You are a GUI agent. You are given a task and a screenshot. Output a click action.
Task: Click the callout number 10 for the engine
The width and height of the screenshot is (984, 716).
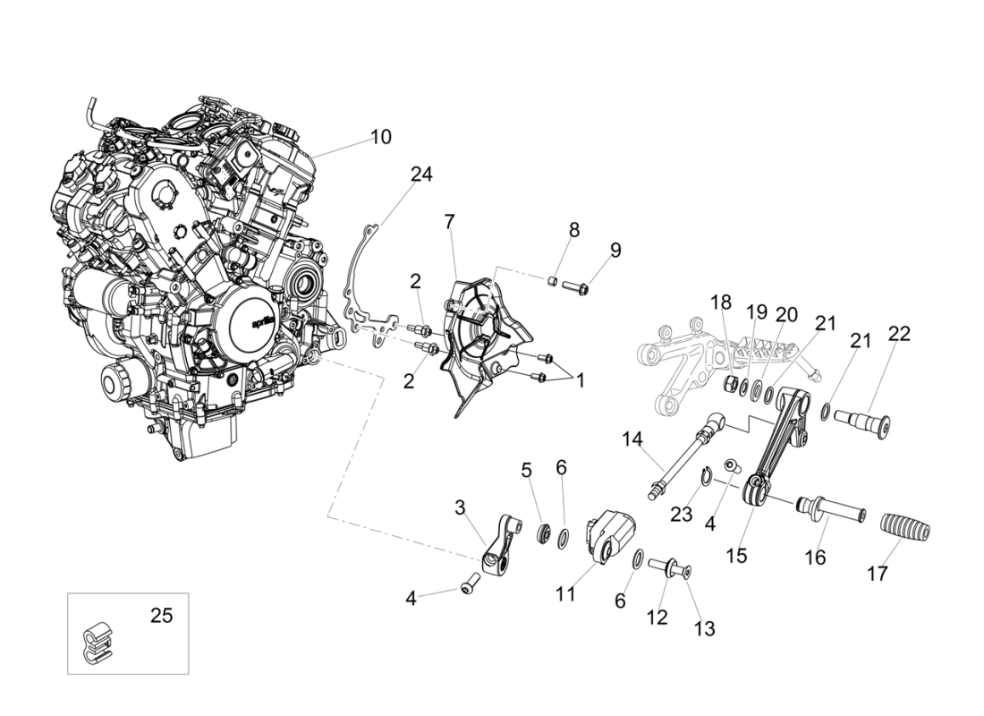point(380,137)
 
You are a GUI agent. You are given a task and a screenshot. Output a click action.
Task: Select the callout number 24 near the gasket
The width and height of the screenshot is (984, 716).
point(421,174)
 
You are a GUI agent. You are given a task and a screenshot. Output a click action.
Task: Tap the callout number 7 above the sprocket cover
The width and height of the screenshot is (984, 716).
point(450,221)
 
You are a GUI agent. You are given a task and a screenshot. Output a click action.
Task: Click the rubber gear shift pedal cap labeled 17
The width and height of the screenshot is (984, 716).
point(905,528)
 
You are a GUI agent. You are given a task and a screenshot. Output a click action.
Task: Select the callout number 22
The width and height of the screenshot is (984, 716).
point(898,334)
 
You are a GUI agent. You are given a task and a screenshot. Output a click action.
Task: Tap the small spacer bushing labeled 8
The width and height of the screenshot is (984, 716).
point(554,283)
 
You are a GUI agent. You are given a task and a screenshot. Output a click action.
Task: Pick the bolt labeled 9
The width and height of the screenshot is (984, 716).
point(574,288)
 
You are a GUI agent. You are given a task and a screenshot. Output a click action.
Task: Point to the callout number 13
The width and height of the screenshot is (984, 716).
point(704,628)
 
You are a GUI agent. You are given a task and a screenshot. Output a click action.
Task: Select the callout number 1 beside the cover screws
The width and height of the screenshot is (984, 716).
point(580,380)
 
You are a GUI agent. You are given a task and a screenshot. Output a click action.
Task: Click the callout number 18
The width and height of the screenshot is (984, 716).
point(721,302)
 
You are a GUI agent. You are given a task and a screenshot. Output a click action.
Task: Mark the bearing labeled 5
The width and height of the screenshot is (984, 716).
point(542,534)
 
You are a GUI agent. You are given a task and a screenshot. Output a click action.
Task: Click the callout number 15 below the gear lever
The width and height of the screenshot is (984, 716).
point(735,555)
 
